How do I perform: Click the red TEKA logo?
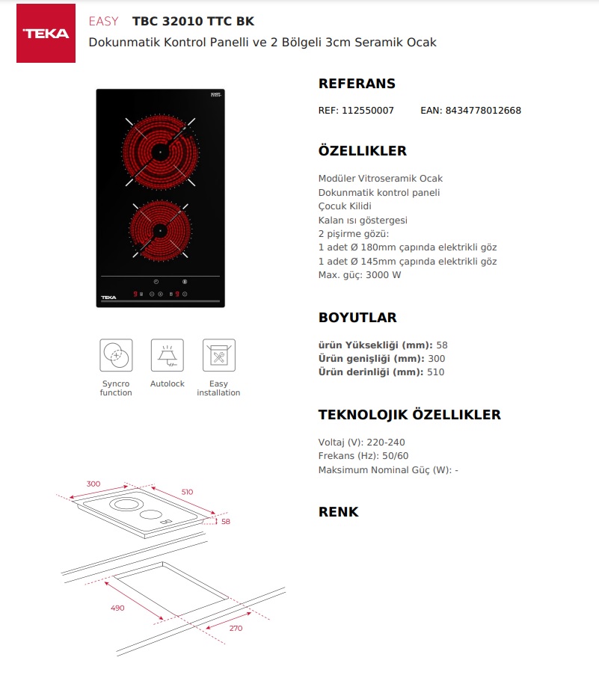coord(46,34)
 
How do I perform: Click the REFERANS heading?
coord(357,84)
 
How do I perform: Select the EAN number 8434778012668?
coord(483,111)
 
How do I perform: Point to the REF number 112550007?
coord(367,111)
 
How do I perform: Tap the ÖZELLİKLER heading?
coord(362,151)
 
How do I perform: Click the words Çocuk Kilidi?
coord(345,206)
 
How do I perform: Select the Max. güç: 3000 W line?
coord(360,275)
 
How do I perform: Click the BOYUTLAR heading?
coord(357,318)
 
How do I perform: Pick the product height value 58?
coord(441,345)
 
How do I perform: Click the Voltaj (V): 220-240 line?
coord(361,443)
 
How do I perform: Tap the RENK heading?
coord(338,512)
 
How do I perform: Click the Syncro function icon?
coord(116,355)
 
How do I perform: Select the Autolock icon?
coord(167,355)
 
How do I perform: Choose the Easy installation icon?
coord(218,355)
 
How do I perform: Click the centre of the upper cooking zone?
coord(160,152)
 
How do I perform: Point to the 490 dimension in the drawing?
coord(117,608)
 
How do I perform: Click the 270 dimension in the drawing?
coord(236,629)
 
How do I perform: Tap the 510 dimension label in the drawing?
coord(187,492)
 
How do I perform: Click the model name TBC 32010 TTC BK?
coord(193,21)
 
